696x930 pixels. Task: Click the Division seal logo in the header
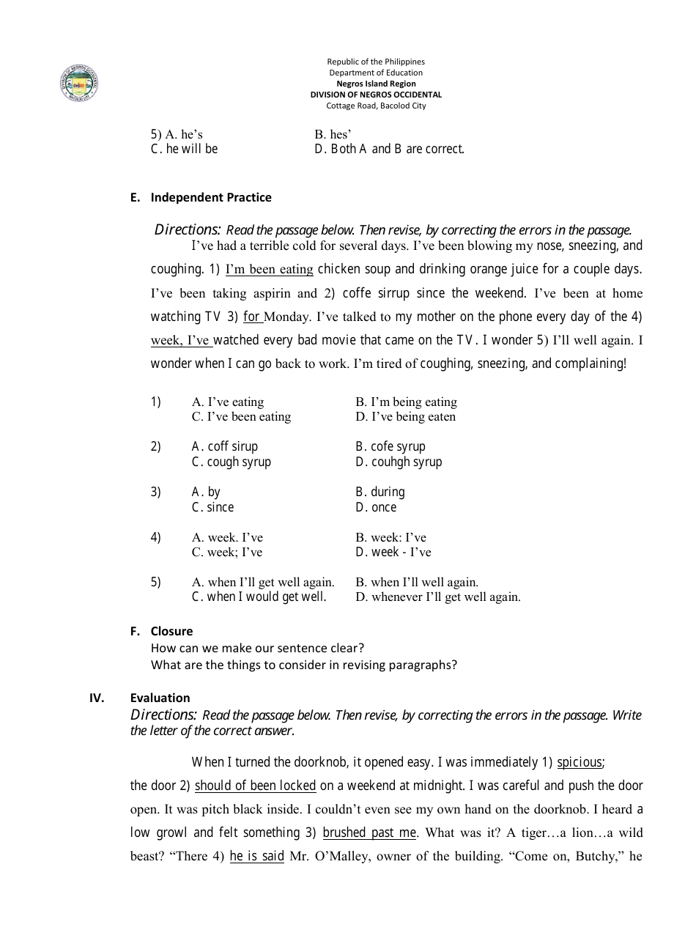point(79,84)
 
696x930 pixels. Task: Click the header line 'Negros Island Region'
point(375,84)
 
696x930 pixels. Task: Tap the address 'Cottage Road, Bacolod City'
point(375,106)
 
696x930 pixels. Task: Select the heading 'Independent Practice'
point(210,197)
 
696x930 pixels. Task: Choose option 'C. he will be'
point(184,149)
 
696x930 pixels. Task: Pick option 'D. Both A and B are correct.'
point(389,149)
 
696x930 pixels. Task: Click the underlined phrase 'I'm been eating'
point(269,269)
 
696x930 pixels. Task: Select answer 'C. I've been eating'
point(241,416)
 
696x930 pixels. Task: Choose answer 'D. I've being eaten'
point(405,416)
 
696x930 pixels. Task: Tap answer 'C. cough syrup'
point(231,462)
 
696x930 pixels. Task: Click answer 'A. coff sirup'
point(224,446)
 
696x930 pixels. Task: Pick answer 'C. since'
point(212,507)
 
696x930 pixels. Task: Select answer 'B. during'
point(380,492)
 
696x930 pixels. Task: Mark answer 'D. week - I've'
point(393,552)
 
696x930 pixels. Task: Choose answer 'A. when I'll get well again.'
point(262,582)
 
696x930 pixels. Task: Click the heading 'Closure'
point(171,631)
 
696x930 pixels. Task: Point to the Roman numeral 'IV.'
point(97,698)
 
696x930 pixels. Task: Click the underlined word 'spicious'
point(580,762)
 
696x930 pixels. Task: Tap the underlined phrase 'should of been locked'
point(255,786)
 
